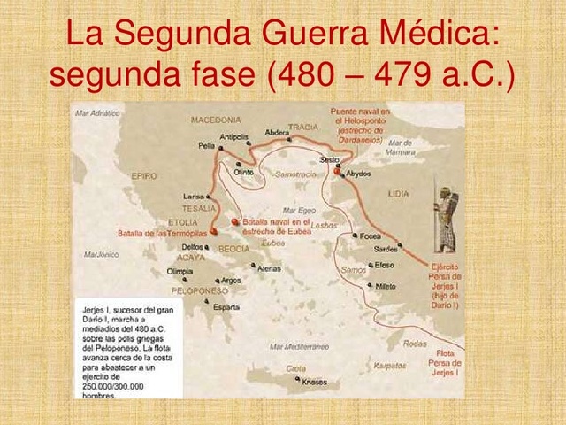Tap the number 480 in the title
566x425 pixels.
tap(310, 76)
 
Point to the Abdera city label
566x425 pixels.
tap(277, 133)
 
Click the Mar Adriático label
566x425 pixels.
tap(98, 113)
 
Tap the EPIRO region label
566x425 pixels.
tap(143, 176)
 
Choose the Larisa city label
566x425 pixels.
tap(194, 196)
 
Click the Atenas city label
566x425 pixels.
tap(269, 268)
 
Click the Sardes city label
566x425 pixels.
tap(385, 249)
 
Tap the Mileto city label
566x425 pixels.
tap(386, 287)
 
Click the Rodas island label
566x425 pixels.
tap(414, 344)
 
